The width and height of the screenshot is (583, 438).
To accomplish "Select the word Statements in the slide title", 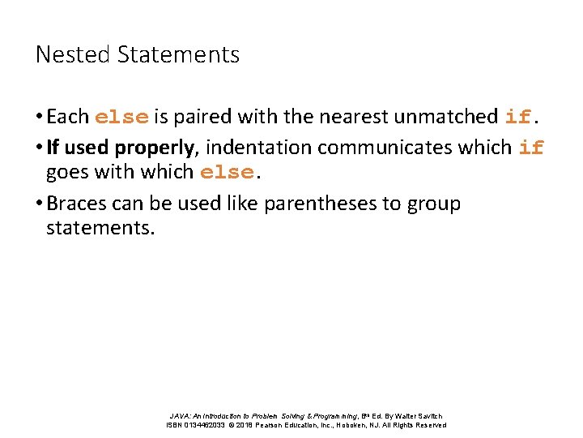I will pos(178,54).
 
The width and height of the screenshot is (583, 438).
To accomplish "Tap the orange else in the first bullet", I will pos(121,117).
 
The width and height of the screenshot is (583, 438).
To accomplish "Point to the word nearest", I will pos(355,117).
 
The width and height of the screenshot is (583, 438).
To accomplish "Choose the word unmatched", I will pos(445,117).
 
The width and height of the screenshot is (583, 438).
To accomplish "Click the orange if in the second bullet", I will pos(531,148).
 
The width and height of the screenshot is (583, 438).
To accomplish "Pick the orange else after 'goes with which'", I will pos(226,173).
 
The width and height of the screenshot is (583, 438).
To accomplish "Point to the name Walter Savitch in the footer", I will pos(419,416).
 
